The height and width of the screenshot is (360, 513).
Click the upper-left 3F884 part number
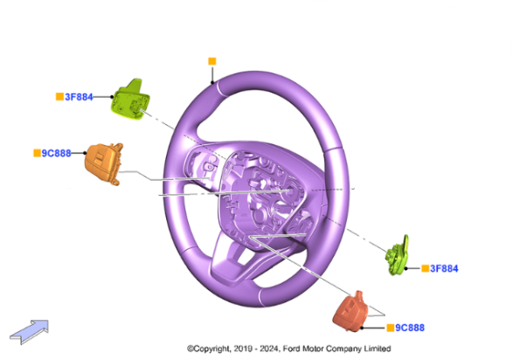(79, 97)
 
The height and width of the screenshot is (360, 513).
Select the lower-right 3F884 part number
(444, 268)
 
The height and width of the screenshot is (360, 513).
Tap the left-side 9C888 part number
(56, 153)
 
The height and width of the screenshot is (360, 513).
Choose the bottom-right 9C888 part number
(410, 328)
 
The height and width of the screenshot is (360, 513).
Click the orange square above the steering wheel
(212, 61)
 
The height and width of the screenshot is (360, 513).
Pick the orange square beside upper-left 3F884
(59, 97)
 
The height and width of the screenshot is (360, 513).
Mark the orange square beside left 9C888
(38, 153)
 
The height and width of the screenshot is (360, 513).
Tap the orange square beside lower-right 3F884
(426, 268)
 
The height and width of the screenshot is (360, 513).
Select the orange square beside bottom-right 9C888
(391, 328)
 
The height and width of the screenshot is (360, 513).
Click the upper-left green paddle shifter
(130, 100)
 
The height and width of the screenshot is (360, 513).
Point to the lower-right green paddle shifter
(397, 255)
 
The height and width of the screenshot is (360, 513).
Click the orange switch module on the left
(103, 163)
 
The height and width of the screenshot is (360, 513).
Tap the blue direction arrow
(30, 331)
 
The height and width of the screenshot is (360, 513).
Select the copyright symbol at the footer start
(191, 349)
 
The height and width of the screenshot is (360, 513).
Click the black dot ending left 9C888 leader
(85, 153)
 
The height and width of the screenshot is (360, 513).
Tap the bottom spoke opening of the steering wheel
(245, 257)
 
